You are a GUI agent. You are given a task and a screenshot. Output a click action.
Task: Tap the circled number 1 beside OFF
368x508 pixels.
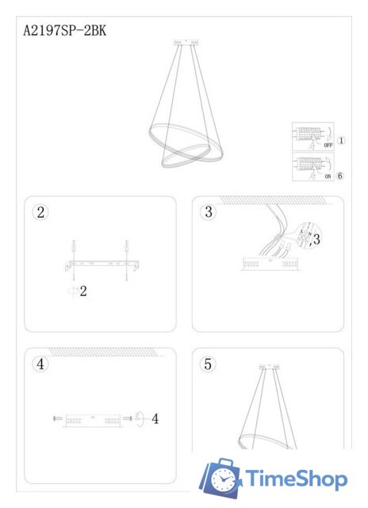342,141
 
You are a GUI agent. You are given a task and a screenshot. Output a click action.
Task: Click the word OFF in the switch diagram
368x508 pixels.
328,146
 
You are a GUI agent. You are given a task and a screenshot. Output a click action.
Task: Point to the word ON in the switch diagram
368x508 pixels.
328,177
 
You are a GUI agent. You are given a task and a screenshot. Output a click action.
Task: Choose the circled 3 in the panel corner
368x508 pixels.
209,212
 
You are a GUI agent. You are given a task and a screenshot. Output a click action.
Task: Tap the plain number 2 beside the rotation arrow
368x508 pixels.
83,291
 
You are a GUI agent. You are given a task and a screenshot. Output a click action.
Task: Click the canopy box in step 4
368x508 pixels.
92,418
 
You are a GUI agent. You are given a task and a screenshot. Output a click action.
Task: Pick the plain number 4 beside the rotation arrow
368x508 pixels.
155,418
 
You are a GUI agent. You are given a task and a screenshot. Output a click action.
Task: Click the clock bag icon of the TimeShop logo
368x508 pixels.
221,479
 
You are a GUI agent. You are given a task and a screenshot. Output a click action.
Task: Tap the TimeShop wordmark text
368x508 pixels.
295,479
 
